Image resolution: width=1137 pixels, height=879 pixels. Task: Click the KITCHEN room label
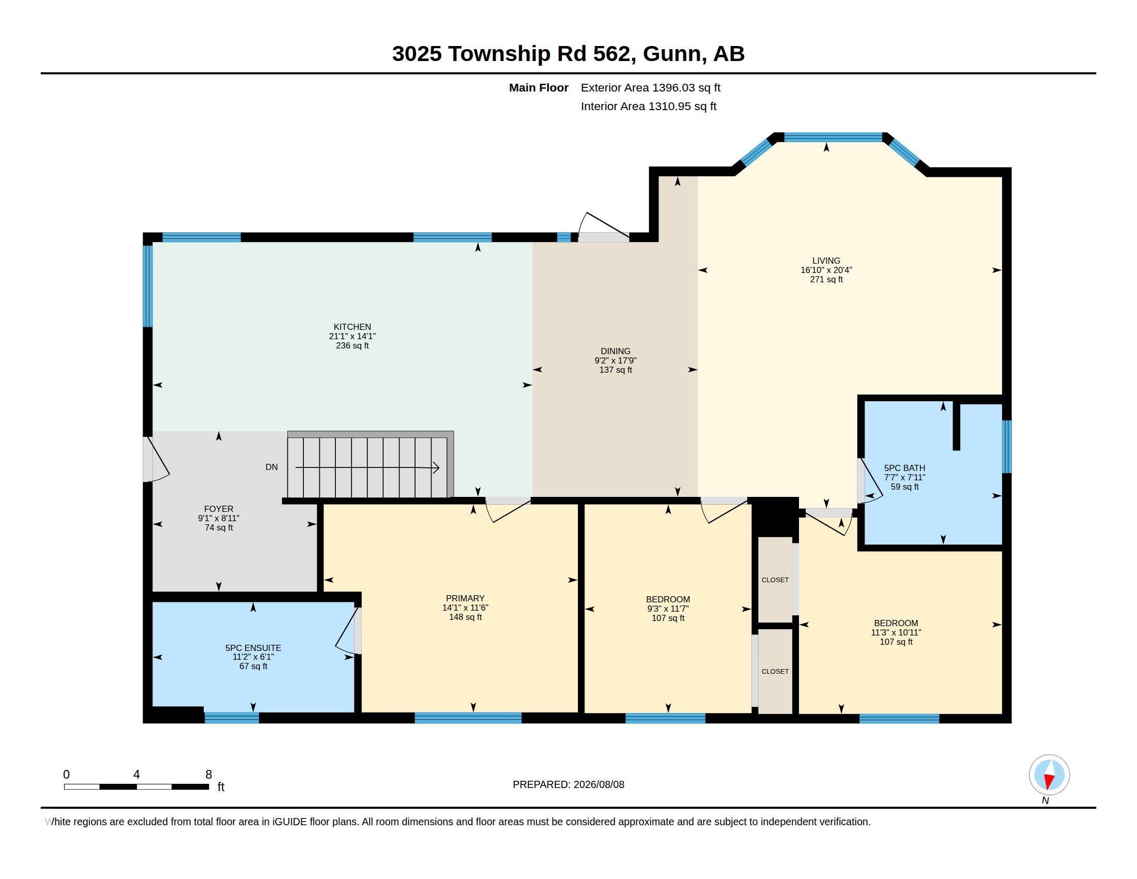pyautogui.click(x=352, y=327)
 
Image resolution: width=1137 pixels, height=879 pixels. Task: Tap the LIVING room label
pyautogui.click(x=826, y=261)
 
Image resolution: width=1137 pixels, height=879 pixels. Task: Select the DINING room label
pyautogui.click(x=616, y=351)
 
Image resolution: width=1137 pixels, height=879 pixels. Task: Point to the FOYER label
pyautogui.click(x=219, y=509)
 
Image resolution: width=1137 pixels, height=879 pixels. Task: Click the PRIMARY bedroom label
pyautogui.click(x=465, y=598)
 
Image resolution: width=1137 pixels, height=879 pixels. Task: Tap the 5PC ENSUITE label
pyautogui.click(x=253, y=648)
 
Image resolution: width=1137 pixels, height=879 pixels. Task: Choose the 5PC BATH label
pyautogui.click(x=904, y=467)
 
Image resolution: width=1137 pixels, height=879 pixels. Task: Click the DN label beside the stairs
pyautogui.click(x=272, y=467)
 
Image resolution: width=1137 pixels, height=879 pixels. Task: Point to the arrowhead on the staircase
pyautogui.click(x=436, y=467)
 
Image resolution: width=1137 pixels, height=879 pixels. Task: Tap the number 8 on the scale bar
pyautogui.click(x=209, y=775)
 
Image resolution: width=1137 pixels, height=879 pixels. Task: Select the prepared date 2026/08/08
pyautogui.click(x=598, y=784)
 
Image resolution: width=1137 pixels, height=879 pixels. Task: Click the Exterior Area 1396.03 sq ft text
pyautogui.click(x=651, y=87)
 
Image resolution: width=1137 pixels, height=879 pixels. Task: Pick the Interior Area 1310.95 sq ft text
pyautogui.click(x=649, y=106)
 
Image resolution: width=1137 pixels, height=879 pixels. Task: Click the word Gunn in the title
pyautogui.click(x=672, y=53)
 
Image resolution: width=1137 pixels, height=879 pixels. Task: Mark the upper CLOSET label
pyautogui.click(x=775, y=580)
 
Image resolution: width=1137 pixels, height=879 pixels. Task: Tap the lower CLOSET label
pyautogui.click(x=775, y=671)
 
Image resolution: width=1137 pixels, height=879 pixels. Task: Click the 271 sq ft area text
pyautogui.click(x=826, y=279)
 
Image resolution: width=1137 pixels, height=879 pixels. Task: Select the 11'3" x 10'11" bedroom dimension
pyautogui.click(x=896, y=632)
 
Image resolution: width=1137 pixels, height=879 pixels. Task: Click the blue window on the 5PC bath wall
pyautogui.click(x=1007, y=446)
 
